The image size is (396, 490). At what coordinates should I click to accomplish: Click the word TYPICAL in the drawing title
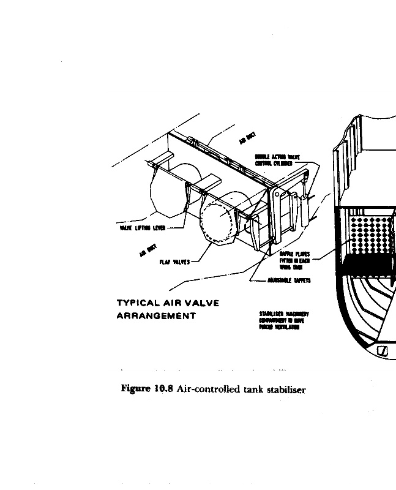tap(136, 303)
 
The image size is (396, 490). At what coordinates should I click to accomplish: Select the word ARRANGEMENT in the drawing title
tap(156, 316)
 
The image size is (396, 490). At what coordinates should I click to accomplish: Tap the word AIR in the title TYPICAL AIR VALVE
tap(174, 303)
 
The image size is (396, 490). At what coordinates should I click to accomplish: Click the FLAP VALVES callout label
tap(174, 262)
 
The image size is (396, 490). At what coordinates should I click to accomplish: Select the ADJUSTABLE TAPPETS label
tap(289, 281)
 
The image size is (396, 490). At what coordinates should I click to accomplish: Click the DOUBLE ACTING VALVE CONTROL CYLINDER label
tap(274, 160)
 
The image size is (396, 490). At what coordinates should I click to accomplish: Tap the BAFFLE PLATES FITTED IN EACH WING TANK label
tap(294, 259)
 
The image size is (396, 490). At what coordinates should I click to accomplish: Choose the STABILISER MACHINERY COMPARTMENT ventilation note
tap(284, 319)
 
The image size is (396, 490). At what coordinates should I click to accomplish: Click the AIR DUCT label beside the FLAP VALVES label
tap(147, 250)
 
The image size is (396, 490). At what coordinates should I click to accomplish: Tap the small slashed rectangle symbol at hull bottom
tap(384, 351)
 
